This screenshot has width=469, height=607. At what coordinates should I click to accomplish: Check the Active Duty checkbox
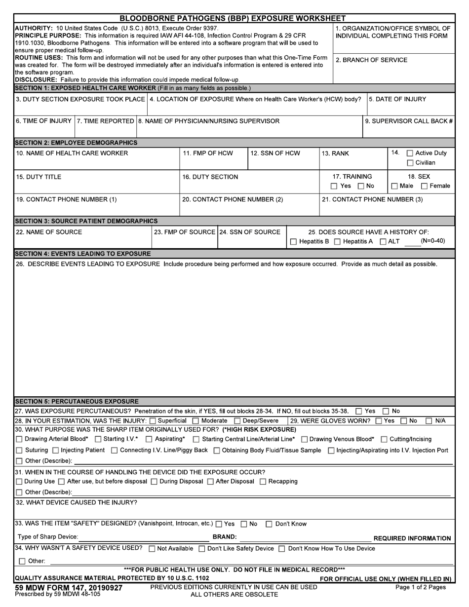pos(409,153)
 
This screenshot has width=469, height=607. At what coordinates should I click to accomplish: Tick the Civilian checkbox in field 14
pos(409,163)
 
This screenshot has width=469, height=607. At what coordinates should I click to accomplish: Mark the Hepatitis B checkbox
pos(294,241)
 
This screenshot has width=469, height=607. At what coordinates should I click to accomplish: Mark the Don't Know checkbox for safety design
pos(269,524)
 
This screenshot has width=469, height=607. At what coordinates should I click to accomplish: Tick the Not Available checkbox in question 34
pos(152,549)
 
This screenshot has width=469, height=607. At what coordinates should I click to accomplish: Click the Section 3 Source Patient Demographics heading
pos(87,221)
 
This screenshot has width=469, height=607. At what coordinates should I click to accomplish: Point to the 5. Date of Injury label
pos(397,99)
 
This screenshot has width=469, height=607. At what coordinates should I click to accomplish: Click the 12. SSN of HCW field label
pos(275,153)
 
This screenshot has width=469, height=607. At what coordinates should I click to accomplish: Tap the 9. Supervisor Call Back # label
pos(409,121)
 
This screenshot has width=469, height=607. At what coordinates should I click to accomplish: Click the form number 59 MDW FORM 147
pos(69,587)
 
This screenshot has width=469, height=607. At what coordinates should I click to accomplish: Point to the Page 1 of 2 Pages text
pos(421,587)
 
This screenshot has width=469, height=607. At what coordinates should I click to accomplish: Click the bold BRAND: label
pos(225,537)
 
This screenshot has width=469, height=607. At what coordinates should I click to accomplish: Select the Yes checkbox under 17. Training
pos(334,186)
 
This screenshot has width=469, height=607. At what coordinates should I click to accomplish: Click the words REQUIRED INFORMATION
pos(412,538)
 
